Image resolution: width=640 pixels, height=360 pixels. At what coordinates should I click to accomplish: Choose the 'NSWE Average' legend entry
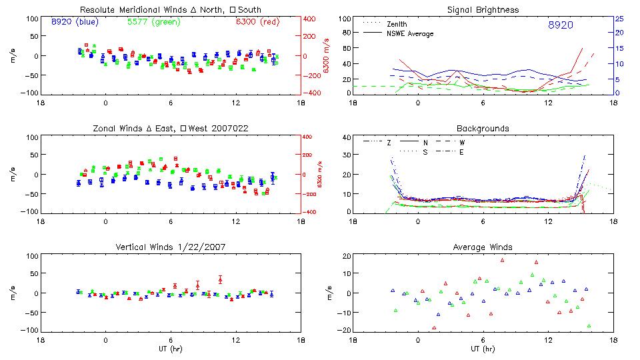(410, 33)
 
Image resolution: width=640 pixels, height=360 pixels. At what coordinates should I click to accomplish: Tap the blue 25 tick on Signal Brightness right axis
(619, 18)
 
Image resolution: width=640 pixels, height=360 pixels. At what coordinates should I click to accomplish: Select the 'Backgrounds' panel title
(483, 128)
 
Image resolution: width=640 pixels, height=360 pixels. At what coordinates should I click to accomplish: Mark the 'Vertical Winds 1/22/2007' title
(170, 247)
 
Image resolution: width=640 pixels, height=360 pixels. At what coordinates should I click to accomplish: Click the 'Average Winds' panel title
(483, 247)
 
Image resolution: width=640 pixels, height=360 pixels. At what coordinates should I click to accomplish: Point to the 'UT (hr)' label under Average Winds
(483, 348)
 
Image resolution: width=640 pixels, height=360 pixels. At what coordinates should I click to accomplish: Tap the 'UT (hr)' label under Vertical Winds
(170, 348)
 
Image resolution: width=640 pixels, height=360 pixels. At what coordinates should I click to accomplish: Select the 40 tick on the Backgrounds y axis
(345, 137)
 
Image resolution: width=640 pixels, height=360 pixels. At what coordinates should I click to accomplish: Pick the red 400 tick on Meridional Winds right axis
(311, 19)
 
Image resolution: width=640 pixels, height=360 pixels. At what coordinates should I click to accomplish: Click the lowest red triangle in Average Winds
(434, 328)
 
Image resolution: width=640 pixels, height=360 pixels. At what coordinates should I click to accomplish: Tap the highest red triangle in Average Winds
(503, 260)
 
